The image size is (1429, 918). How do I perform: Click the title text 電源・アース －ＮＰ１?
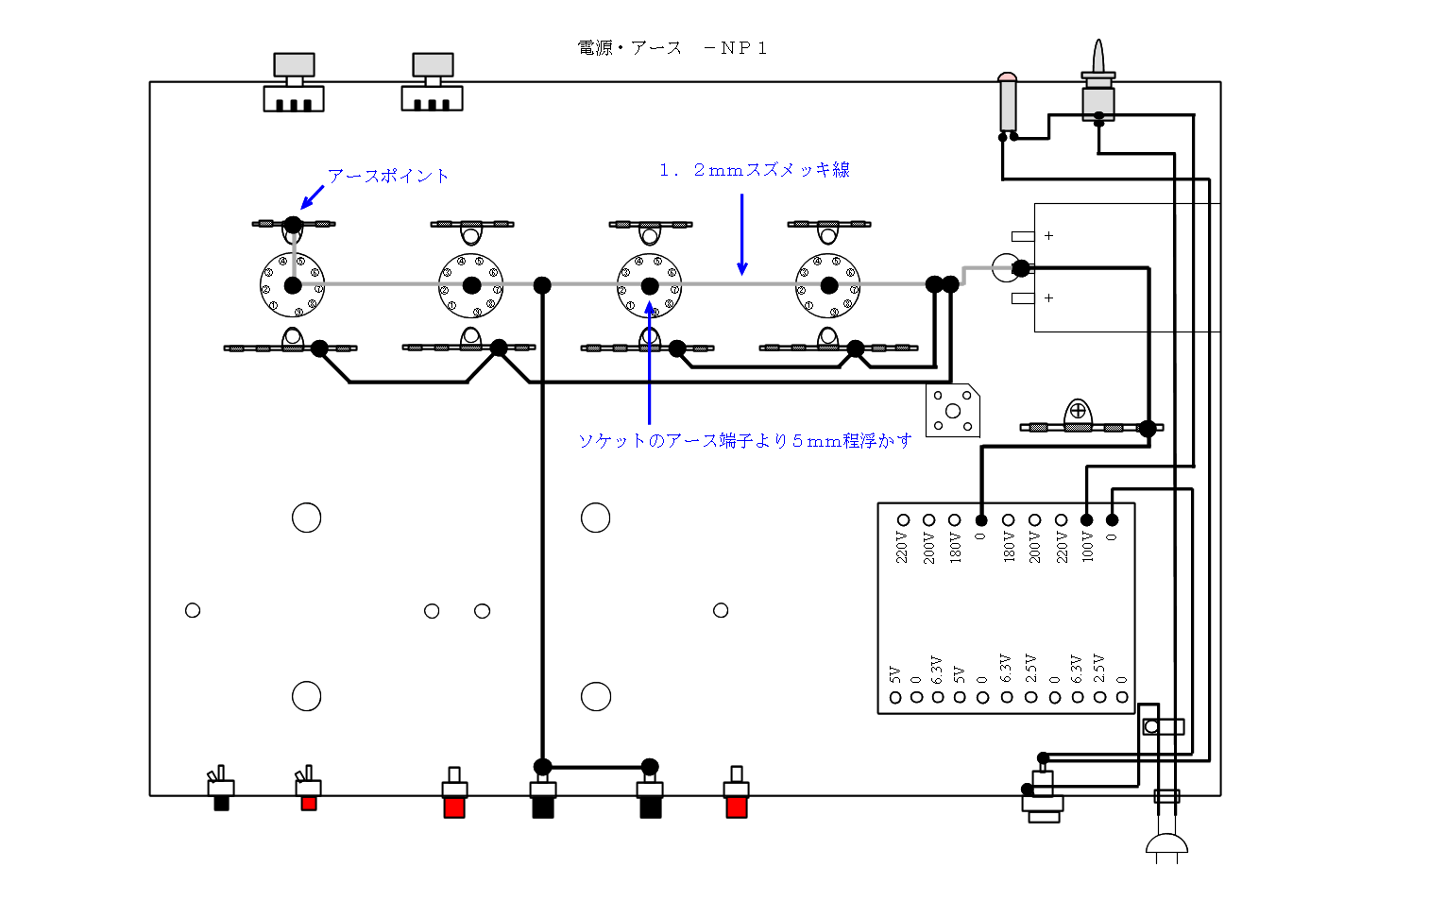672,48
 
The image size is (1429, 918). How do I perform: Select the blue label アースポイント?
388,176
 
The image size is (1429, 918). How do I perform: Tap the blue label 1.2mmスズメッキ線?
755,170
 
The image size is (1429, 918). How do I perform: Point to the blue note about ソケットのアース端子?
745,441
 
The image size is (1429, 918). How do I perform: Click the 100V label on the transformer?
1087,547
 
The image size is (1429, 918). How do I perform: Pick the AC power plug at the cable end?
1166,846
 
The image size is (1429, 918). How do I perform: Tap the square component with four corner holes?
952,411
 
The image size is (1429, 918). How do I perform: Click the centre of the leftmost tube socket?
293,285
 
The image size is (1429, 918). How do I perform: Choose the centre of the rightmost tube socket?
828,285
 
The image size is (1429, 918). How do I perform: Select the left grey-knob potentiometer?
294,83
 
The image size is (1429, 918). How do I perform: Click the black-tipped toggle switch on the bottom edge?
221,790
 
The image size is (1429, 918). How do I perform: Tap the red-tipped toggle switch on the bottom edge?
308,790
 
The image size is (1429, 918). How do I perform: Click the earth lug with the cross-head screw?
1078,412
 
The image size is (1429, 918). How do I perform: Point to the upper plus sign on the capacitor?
1048,236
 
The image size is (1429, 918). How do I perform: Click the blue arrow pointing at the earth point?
312,197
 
